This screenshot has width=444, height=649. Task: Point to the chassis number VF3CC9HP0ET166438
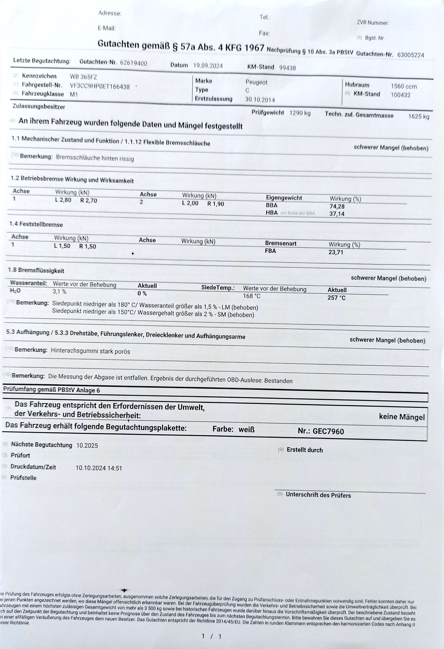100,87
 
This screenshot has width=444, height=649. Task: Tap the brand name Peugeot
256,82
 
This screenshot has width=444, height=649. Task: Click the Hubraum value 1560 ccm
404,87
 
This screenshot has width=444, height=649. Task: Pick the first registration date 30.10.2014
260,100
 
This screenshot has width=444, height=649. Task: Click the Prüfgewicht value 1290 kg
300,113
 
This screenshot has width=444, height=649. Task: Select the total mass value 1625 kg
418,116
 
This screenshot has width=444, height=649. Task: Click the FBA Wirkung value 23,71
336,252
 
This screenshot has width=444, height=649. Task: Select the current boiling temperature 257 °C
336,298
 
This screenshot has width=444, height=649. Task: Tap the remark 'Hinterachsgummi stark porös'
90,351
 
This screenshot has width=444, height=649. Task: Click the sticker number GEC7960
328,432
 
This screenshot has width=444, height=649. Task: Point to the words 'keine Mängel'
401,417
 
